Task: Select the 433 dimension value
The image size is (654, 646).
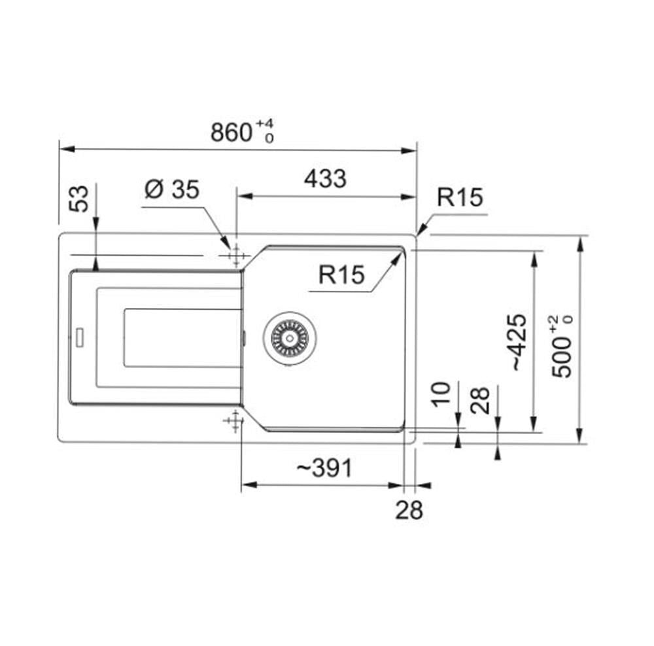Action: pyautogui.click(x=325, y=179)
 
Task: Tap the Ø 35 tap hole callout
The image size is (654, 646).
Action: pyautogui.click(x=172, y=190)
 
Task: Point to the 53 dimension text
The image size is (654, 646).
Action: pyautogui.click(x=79, y=199)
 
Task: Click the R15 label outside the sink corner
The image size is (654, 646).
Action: pyautogui.click(x=460, y=197)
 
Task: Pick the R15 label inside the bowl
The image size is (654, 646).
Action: pyautogui.click(x=341, y=275)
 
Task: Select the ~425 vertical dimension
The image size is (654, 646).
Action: pyautogui.click(x=519, y=342)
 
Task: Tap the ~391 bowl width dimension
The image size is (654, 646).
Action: pyautogui.click(x=324, y=468)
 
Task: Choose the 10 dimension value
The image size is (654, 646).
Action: pyautogui.click(x=441, y=394)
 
